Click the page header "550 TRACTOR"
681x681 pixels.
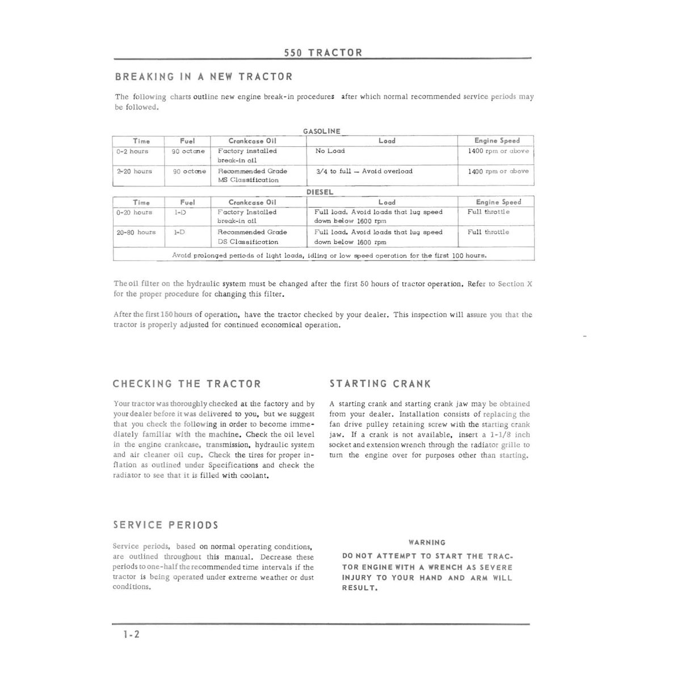323,53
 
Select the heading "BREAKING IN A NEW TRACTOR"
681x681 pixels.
204,77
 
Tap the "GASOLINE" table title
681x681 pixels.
322,131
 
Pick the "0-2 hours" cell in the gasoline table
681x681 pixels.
132,152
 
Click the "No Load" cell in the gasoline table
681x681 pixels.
330,151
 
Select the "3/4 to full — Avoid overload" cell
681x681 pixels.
364,171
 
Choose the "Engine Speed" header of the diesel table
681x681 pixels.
498,202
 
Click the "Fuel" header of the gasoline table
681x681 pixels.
187,141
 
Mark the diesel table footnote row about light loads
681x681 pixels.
329,255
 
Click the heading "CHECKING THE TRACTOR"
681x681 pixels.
187,384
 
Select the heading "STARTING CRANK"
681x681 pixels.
380,384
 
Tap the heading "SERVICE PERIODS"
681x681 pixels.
166,526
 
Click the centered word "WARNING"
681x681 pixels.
427,543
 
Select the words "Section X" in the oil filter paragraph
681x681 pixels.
515,284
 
